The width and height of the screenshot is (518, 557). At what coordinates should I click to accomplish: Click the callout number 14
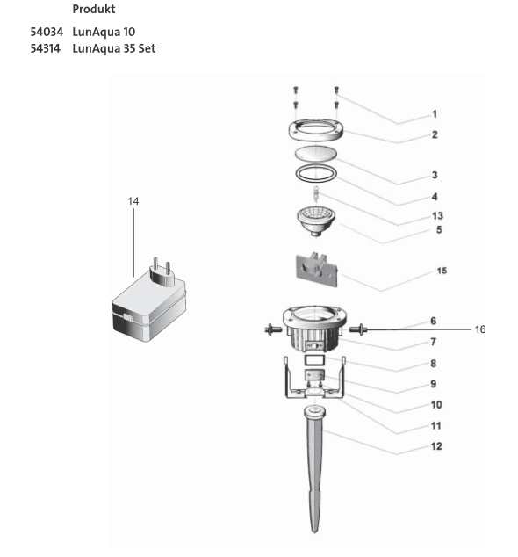point(133,201)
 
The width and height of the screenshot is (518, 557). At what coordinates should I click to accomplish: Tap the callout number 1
point(434,114)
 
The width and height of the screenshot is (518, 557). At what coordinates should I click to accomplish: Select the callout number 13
point(436,215)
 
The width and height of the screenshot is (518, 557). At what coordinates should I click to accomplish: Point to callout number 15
point(442,271)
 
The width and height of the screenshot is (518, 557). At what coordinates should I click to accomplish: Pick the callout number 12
point(436,446)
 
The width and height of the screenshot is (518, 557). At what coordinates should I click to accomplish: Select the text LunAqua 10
point(104,32)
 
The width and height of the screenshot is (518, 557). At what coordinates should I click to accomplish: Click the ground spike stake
point(314,466)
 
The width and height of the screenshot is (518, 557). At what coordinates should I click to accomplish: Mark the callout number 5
point(436,230)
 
